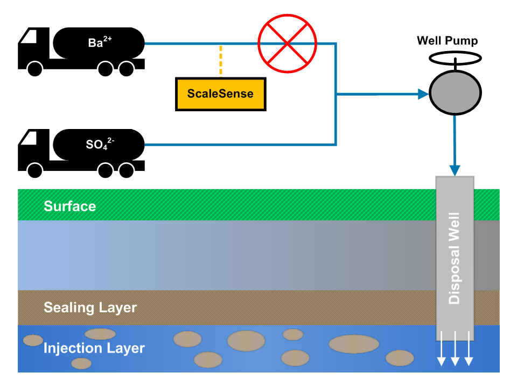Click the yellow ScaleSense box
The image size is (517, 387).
[221, 94]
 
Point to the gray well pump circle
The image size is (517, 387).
[455, 92]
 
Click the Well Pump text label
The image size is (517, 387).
[448, 41]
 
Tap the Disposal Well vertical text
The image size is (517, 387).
[455, 257]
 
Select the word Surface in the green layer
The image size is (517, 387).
[69, 206]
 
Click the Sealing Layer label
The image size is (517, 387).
[90, 308]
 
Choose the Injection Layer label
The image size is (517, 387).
[94, 348]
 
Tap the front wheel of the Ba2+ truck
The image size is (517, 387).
[35, 69]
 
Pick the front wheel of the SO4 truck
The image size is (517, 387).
[35, 171]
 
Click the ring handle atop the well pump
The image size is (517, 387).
[455, 58]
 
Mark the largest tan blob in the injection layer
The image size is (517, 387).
[354, 344]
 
